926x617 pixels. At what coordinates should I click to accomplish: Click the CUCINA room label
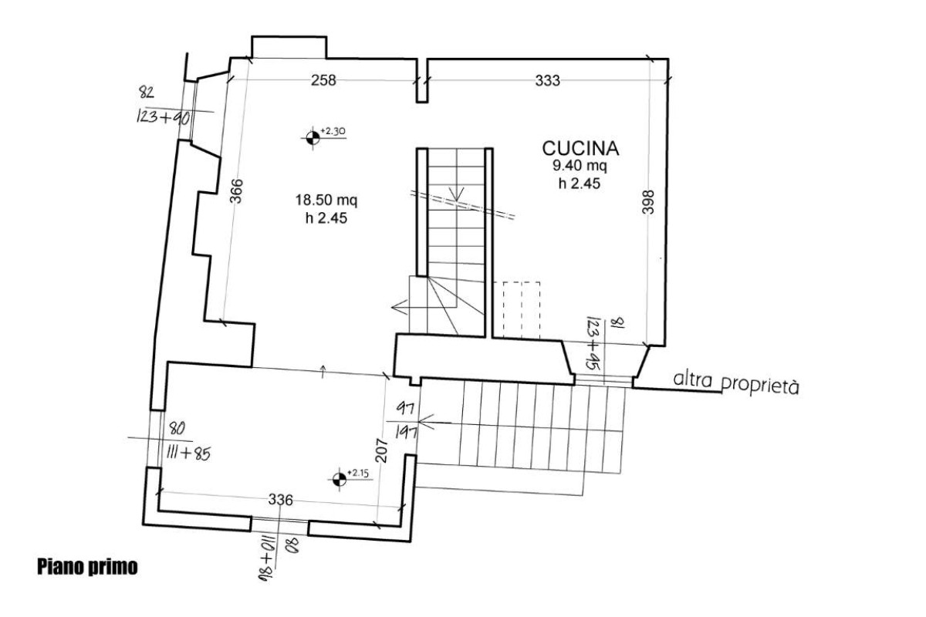click(580, 149)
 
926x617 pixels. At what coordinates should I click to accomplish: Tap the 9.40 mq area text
click(580, 166)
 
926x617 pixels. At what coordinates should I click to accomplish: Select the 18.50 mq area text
click(326, 201)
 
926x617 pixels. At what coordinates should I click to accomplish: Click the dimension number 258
click(323, 80)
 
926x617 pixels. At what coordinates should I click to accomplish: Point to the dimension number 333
click(548, 80)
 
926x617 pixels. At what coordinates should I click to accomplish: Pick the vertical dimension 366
click(236, 191)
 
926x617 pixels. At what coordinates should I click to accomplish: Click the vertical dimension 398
click(648, 202)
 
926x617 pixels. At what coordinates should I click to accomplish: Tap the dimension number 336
click(281, 500)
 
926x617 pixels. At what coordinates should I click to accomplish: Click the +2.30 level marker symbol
click(313, 137)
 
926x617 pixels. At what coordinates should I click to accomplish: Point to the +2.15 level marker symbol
click(340, 480)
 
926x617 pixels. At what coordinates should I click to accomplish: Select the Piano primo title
click(87, 567)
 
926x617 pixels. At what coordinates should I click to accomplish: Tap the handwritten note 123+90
click(164, 118)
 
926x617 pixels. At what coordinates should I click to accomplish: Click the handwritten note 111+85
click(188, 454)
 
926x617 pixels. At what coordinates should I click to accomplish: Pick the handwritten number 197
click(407, 433)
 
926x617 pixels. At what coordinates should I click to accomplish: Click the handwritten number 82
click(147, 92)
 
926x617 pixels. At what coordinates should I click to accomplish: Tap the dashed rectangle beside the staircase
click(522, 310)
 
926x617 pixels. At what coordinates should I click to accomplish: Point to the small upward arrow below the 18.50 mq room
click(323, 372)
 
